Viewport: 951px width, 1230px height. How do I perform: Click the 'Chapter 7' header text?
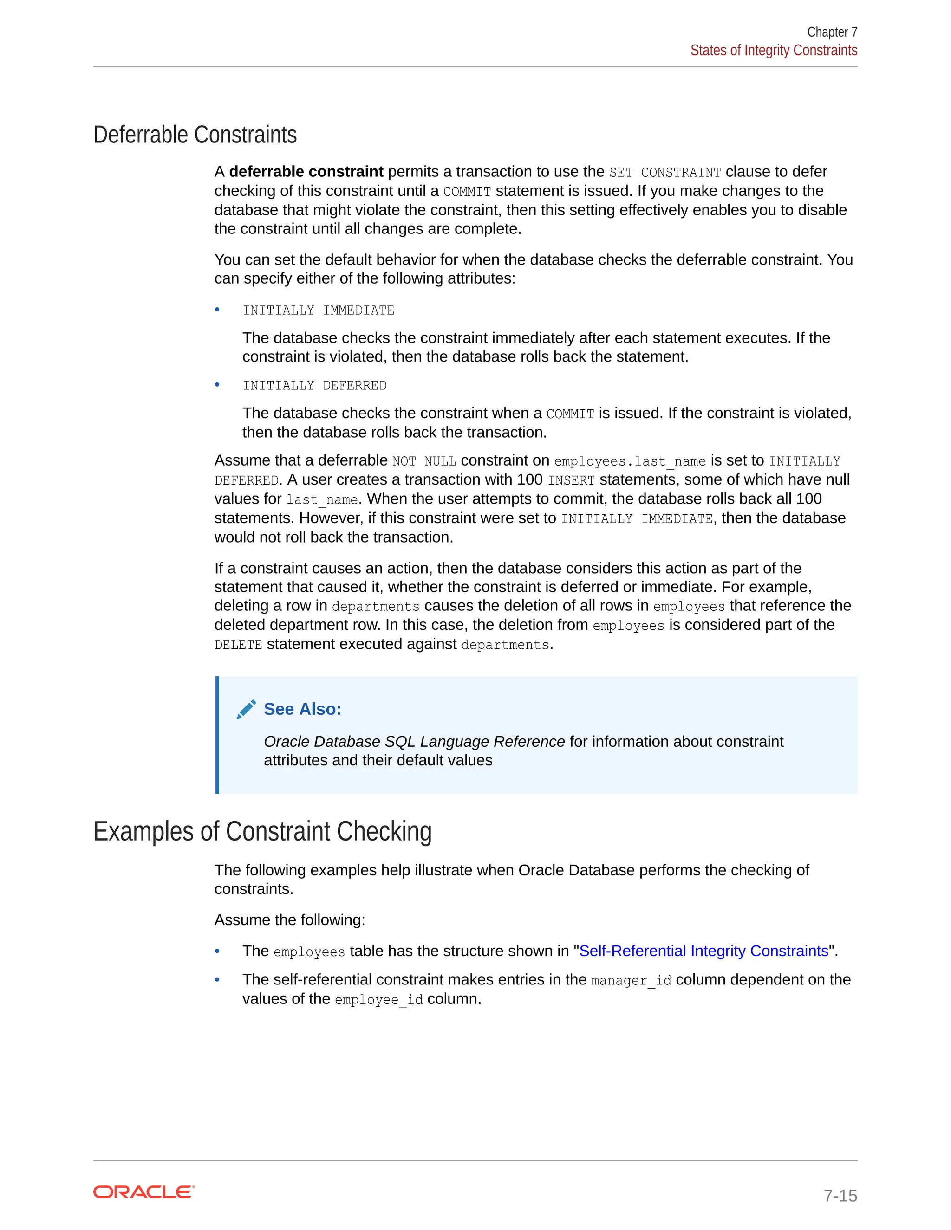(x=832, y=32)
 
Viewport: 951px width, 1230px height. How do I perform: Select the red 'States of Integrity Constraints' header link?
(x=774, y=51)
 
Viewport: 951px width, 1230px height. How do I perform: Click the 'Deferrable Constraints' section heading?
(x=195, y=135)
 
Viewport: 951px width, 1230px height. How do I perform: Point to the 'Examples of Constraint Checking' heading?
(x=262, y=831)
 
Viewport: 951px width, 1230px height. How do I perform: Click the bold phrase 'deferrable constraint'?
(x=306, y=172)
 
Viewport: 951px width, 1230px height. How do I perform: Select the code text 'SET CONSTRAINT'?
(x=665, y=172)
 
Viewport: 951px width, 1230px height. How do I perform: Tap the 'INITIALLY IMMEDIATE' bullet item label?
(x=318, y=311)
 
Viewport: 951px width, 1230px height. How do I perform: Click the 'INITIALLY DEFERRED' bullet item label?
(x=314, y=386)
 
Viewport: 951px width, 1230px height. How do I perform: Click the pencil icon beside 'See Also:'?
(x=246, y=709)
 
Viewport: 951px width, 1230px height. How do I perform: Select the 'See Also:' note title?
(x=303, y=709)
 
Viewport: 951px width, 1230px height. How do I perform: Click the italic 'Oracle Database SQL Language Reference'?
(x=414, y=742)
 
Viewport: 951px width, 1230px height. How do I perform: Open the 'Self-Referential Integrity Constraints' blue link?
(x=703, y=951)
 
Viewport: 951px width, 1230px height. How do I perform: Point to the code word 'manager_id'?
(x=631, y=980)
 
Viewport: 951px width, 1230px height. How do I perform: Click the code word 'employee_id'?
(x=378, y=1000)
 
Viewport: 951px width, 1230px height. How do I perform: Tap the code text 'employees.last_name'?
(x=630, y=461)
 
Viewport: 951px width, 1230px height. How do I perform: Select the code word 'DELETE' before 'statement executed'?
(x=238, y=645)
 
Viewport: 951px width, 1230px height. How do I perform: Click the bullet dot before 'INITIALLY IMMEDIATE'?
(x=217, y=310)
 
